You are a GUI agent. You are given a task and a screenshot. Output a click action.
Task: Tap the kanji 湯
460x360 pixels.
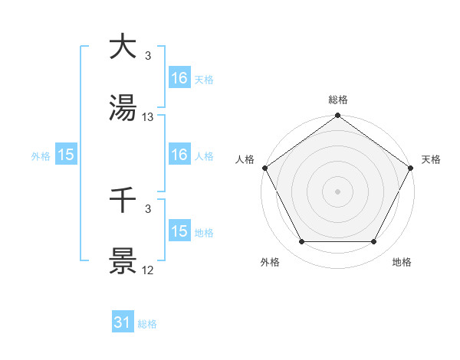(123, 108)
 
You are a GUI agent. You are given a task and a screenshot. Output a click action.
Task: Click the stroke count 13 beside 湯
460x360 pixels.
(148, 117)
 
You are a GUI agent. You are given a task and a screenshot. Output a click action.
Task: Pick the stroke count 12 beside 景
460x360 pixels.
(148, 270)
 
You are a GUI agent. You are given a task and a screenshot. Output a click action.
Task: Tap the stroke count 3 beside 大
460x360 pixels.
(148, 55)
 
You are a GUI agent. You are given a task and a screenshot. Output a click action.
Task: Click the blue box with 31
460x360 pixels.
(123, 323)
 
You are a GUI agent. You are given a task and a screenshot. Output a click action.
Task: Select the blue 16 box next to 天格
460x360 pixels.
(179, 78)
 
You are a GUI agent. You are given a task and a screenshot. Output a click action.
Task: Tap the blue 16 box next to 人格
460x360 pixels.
(179, 155)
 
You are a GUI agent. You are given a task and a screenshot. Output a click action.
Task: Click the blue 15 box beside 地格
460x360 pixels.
(179, 231)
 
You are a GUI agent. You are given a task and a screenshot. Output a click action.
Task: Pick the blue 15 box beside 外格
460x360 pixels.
(66, 155)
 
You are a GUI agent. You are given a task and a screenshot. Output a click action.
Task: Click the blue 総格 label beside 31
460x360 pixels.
(147, 324)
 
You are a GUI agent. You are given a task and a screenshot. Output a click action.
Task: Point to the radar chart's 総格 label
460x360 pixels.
(338, 100)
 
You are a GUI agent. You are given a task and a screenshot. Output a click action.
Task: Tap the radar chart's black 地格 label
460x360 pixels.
(402, 262)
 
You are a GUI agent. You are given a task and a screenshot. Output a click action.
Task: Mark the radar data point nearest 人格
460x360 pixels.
(264, 167)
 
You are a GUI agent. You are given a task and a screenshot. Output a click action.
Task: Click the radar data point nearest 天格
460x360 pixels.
(412, 167)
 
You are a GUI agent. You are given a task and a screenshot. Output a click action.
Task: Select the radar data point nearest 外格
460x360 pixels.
(301, 242)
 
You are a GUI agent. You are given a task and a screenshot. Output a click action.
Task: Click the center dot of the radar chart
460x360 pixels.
(338, 191)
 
